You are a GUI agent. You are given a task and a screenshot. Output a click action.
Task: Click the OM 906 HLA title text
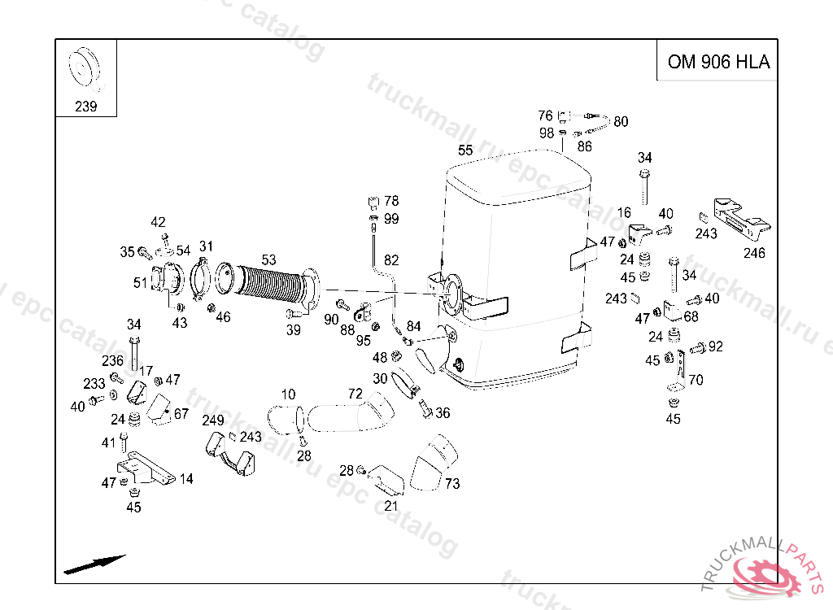coord(717,63)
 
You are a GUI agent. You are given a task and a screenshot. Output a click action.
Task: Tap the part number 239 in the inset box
coord(86,107)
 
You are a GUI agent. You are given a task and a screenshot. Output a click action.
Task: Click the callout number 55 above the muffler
coord(465,150)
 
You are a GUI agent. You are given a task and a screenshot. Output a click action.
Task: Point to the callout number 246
coord(754,253)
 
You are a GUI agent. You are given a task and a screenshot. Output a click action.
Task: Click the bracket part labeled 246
coord(740,218)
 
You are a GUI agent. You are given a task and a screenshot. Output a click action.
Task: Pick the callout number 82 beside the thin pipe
coord(391,260)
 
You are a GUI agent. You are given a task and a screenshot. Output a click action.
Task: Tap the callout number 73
coord(452,484)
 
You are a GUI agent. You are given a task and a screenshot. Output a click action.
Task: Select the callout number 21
coord(391,506)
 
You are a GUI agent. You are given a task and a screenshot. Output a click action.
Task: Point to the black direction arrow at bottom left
coord(94,564)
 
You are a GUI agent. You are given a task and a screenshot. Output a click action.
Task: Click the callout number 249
coord(213,420)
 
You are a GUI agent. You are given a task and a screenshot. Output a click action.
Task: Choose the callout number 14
coord(186,479)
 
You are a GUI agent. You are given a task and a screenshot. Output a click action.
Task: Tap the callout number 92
coord(715,346)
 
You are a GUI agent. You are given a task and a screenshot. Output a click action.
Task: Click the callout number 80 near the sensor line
coord(621,122)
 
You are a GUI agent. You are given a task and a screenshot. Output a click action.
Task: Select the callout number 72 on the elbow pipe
coord(355,394)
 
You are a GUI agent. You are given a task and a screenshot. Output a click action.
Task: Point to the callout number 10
coord(288,394)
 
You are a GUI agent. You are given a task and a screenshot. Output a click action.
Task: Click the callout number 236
coord(112,361)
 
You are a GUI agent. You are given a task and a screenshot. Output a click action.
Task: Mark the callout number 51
coord(141,283)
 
